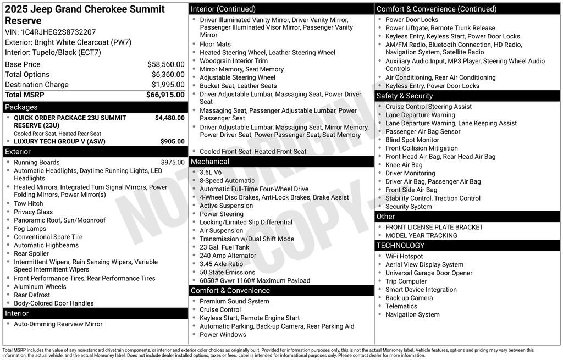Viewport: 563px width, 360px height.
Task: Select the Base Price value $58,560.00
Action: pyautogui.click(x=165, y=64)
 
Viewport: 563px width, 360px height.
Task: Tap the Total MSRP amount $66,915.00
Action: pyautogui.click(x=165, y=95)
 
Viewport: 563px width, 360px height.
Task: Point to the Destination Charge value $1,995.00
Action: pyautogui.click(x=168, y=85)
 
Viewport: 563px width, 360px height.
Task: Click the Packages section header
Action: pyautogui.click(x=21, y=107)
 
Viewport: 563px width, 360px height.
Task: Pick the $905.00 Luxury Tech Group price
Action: pyautogui.click(x=172, y=141)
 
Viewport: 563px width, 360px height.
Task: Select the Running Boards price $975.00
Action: pyautogui.click(x=173, y=163)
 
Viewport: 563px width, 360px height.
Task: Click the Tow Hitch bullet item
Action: pyautogui.click(x=28, y=203)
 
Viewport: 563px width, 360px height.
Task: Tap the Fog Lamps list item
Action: pyautogui.click(x=30, y=229)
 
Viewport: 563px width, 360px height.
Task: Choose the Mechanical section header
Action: pyautogui.click(x=209, y=162)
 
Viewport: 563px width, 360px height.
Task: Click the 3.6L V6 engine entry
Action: pyautogui.click(x=211, y=172)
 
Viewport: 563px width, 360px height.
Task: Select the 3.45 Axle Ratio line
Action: pyautogui.click(x=221, y=264)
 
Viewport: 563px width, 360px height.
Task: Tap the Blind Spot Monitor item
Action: pyautogui.click(x=412, y=140)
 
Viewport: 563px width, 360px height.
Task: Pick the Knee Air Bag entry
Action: pyautogui.click(x=404, y=165)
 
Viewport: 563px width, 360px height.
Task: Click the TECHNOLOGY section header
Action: pyautogui.click(x=400, y=245)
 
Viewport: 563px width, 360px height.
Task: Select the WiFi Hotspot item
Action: pyautogui.click(x=404, y=256)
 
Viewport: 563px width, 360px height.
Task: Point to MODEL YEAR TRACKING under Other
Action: pyautogui.click(x=421, y=235)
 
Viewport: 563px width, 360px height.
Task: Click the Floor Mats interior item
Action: pyautogui.click(x=215, y=44)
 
